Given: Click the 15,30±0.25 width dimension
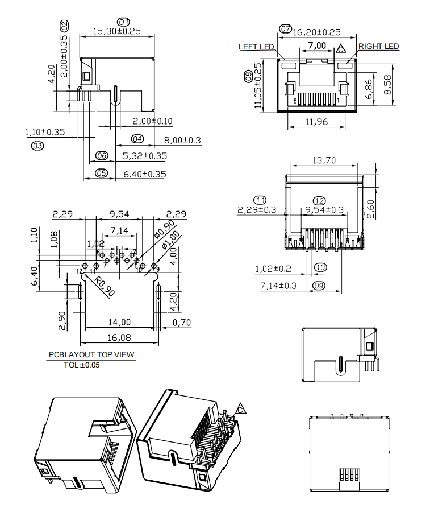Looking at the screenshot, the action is (x=116, y=31).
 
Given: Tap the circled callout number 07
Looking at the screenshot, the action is (x=286, y=29).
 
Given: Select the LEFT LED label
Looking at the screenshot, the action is (x=256, y=47).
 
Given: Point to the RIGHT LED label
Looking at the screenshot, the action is (x=379, y=47).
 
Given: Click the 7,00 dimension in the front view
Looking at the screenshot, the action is (x=317, y=46).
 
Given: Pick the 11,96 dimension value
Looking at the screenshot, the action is (x=316, y=122).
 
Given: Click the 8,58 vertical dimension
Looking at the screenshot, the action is (x=387, y=85).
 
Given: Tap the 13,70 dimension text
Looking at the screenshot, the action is (x=324, y=160).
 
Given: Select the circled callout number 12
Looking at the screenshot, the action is (x=319, y=201).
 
